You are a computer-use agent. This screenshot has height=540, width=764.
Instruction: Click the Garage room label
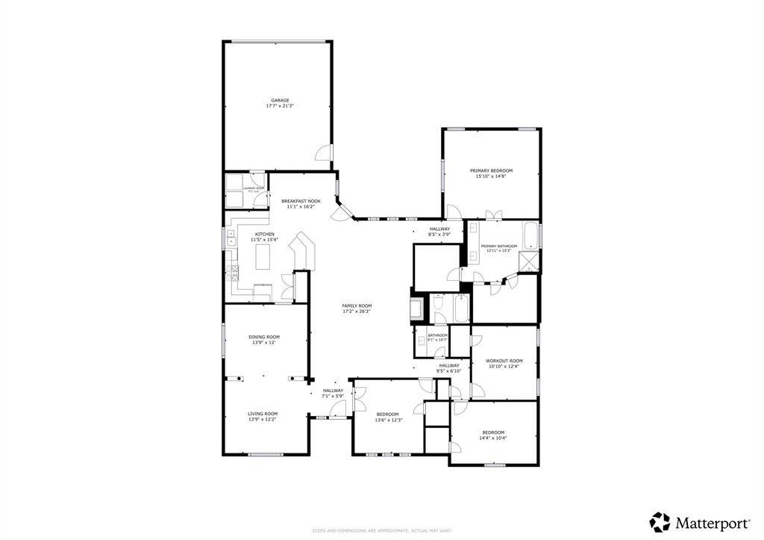[x=280, y=100]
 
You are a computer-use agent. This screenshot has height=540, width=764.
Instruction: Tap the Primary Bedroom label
[x=490, y=170]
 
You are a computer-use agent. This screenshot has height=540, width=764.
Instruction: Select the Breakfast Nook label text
[x=301, y=201]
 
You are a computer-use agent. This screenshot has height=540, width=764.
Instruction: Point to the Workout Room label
[x=504, y=361]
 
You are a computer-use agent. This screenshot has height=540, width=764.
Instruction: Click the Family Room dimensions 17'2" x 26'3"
[x=357, y=311]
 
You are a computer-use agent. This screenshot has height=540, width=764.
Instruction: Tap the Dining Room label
[x=264, y=337]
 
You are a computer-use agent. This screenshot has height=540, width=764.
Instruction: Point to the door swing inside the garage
[x=323, y=154]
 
